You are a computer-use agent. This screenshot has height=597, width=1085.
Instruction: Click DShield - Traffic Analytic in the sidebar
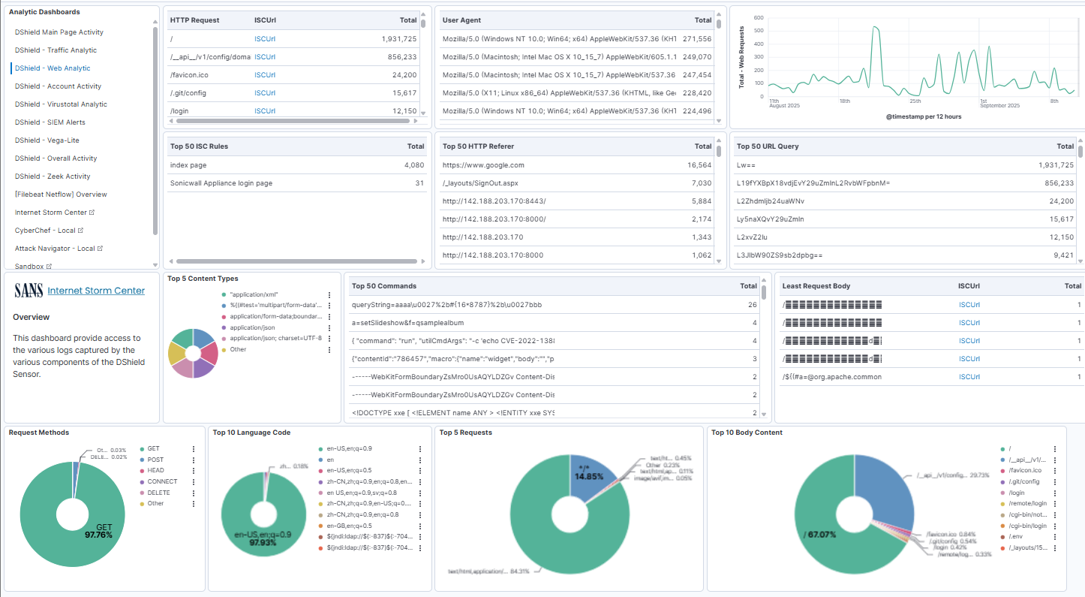(x=56, y=50)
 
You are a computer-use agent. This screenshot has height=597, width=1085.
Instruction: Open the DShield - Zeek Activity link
(x=53, y=176)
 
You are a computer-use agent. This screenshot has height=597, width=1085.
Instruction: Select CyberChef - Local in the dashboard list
(x=46, y=231)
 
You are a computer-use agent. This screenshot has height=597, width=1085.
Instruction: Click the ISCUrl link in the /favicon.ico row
(x=265, y=75)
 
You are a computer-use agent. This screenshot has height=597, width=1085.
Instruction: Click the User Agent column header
(x=461, y=20)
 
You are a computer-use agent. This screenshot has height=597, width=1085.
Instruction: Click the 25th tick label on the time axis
(x=915, y=101)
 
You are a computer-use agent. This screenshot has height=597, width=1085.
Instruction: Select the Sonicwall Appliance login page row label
(x=221, y=183)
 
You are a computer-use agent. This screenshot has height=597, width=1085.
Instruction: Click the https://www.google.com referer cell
(x=483, y=165)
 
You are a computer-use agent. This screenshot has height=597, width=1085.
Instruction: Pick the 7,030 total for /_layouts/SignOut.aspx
(x=699, y=183)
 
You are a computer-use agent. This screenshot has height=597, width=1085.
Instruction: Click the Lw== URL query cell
(x=747, y=165)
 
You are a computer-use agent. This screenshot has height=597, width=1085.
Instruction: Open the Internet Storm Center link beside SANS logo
(x=96, y=291)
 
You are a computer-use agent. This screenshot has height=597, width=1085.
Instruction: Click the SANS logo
(x=29, y=291)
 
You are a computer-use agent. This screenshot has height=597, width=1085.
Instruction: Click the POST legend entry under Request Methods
(x=156, y=460)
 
